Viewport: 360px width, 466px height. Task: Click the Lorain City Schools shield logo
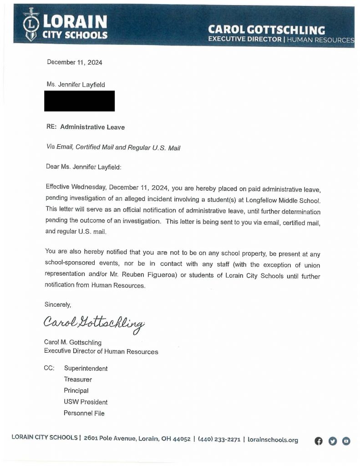point(31,25)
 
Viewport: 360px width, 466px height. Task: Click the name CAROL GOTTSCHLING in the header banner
point(266,30)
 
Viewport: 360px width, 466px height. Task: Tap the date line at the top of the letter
point(75,62)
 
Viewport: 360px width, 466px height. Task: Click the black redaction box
point(79,101)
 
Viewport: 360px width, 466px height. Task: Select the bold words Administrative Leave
point(92,127)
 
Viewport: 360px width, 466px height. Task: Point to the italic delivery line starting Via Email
point(113,147)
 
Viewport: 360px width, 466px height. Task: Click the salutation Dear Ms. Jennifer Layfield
point(84,167)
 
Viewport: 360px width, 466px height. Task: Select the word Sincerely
point(57,304)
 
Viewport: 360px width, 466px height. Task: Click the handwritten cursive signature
point(94,324)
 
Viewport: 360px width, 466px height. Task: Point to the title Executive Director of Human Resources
point(101,351)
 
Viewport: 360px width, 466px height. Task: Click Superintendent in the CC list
point(86,369)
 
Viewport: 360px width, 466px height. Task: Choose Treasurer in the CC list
point(78,380)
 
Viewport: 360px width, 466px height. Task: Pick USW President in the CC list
point(86,402)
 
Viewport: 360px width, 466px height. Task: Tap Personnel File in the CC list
point(84,413)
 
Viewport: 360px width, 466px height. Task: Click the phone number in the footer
point(219,440)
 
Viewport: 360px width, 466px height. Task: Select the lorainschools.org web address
point(273,440)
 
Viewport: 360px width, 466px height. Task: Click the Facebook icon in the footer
point(319,441)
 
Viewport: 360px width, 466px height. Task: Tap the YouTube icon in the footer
point(346,441)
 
